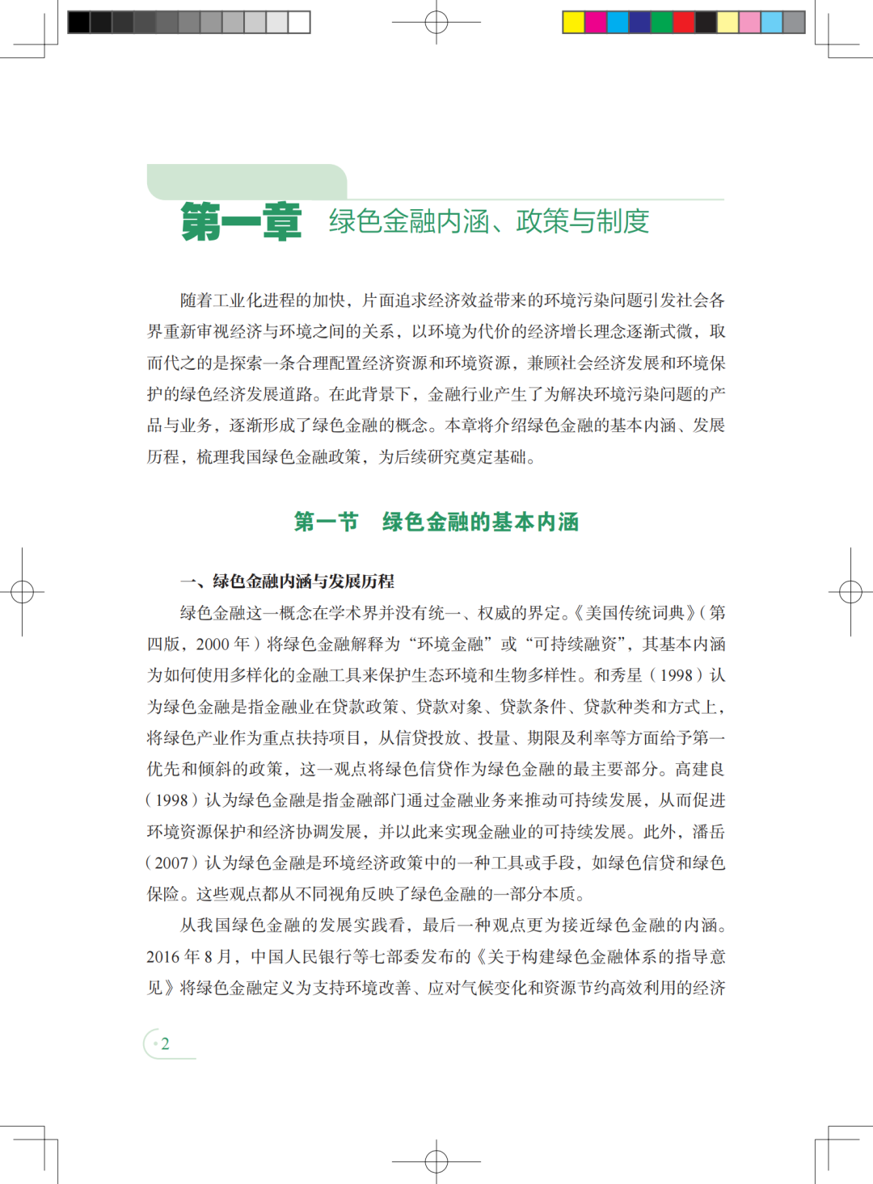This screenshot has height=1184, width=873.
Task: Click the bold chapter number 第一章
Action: point(241,221)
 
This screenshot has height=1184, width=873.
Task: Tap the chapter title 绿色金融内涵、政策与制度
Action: point(488,220)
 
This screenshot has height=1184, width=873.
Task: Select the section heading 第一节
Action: point(326,522)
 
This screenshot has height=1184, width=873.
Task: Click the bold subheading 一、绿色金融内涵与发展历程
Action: point(287,581)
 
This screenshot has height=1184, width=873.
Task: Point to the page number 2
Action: point(165,1043)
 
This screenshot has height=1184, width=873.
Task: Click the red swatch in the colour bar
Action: point(683,22)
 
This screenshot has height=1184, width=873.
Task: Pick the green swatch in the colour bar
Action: point(661,22)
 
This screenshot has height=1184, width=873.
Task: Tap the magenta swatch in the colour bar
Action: point(595,22)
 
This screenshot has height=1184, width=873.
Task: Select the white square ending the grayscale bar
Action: point(299,22)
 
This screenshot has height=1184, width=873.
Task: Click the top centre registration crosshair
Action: point(436,22)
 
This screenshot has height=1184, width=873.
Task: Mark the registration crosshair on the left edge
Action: point(22,592)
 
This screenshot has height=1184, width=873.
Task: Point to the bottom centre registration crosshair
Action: point(436,1162)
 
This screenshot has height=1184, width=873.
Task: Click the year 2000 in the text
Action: point(213,644)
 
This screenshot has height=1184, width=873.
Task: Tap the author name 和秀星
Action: point(620,675)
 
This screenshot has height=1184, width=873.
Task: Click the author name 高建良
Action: point(700,769)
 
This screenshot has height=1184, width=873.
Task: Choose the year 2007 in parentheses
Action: point(171,863)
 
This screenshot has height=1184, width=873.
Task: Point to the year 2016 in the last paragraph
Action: point(162,956)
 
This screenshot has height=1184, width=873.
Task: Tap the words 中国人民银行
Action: point(300,956)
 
